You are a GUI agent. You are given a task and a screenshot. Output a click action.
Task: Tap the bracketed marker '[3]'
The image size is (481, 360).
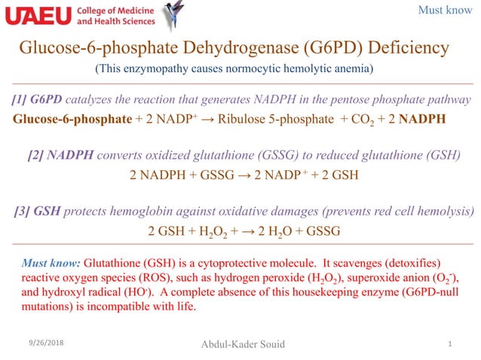point(23,212)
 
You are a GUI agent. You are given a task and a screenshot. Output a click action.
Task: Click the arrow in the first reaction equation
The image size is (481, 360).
point(213,119)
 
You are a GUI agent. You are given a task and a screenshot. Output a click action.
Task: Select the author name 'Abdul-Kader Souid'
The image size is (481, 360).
point(242,345)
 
